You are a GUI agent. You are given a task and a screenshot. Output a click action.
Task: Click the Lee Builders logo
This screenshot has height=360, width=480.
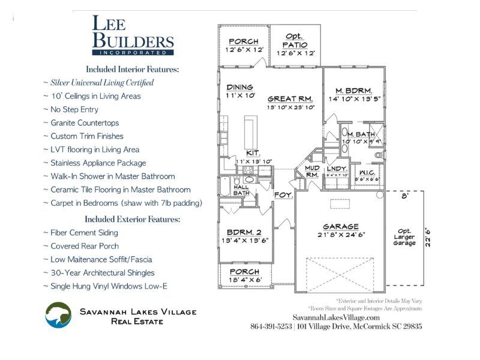(x=133, y=35)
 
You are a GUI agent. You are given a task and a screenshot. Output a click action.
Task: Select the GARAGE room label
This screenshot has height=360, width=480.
(x=340, y=227)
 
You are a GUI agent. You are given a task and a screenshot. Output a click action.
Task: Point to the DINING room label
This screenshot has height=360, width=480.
(x=239, y=87)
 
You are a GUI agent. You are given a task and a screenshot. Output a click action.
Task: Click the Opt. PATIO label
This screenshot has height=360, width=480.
(x=295, y=41)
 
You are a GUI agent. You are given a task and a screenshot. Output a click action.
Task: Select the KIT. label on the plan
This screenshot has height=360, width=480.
(x=253, y=152)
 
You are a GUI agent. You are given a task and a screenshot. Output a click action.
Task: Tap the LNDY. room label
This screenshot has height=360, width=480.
(x=337, y=169)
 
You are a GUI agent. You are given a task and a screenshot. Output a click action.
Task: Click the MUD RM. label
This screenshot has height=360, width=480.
(x=313, y=172)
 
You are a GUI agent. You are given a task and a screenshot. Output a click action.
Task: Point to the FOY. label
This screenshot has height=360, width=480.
(x=283, y=195)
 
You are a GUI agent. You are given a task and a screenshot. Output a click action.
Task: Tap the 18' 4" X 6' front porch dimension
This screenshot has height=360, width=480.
(x=245, y=280)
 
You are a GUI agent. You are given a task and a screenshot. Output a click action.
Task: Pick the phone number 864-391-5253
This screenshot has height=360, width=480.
(x=270, y=326)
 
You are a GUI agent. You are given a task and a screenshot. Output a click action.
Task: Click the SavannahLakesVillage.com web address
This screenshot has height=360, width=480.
(x=336, y=317)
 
